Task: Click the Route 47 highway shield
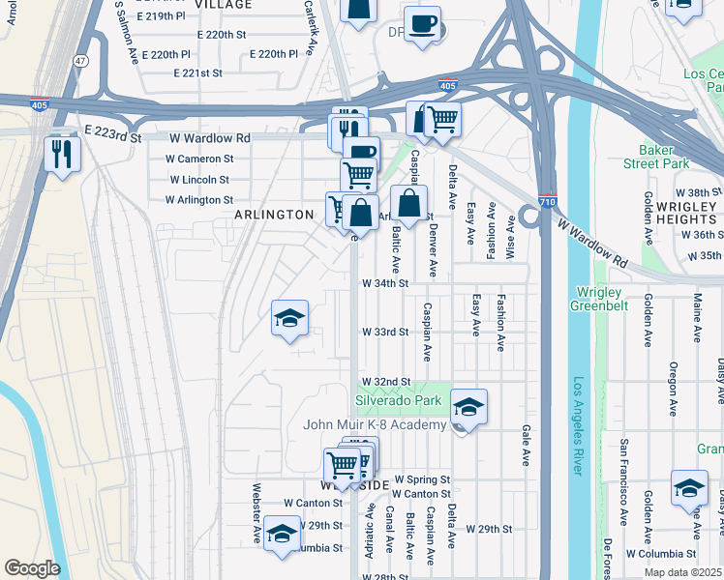tap(80, 60)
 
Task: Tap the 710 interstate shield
tap(547, 197)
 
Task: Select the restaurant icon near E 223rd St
tap(62, 155)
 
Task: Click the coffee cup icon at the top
tap(422, 25)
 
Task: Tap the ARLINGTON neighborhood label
tap(275, 215)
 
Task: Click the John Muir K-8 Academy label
tap(375, 424)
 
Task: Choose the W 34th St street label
tap(386, 284)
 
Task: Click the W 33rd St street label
tap(386, 332)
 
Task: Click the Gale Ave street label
tap(527, 445)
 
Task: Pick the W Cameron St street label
tap(199, 159)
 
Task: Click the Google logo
tap(32, 568)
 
